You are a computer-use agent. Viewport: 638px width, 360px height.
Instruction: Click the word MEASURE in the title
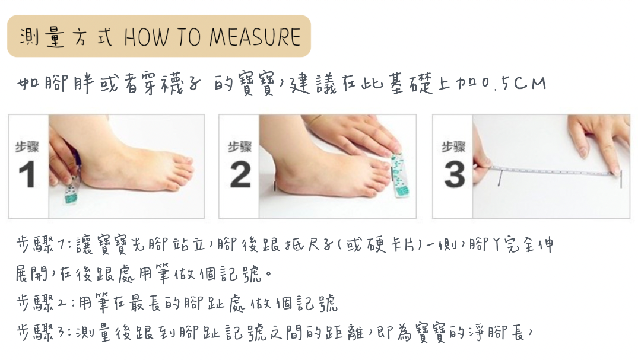coord(255,37)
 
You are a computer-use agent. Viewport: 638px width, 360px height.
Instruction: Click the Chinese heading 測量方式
coord(66,37)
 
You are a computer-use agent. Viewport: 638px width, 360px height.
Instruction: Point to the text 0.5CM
coord(513,84)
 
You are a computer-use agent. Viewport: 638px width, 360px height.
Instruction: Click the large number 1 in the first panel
coord(27,174)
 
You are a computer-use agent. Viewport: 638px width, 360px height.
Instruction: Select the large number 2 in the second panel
coord(240,174)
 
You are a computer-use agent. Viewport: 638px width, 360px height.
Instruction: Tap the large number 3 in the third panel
coord(454,174)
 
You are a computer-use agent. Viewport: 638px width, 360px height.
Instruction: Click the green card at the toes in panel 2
coord(399,175)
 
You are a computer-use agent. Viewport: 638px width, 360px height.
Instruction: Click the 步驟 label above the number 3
coord(453,147)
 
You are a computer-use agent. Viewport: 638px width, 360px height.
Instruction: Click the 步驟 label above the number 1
coord(27,147)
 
